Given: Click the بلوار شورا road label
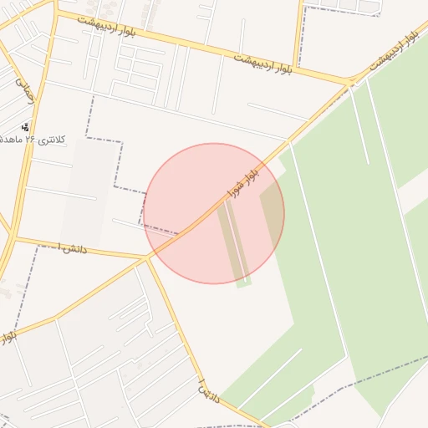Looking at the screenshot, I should point(242,187).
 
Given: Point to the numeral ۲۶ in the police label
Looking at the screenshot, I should point(31,140).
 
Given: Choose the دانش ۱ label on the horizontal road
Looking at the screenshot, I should point(71,248).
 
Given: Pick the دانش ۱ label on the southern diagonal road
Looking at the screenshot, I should point(207,390).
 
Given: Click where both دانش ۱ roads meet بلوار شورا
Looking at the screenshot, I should point(147,257).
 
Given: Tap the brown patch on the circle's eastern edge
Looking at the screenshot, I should point(273,209).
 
